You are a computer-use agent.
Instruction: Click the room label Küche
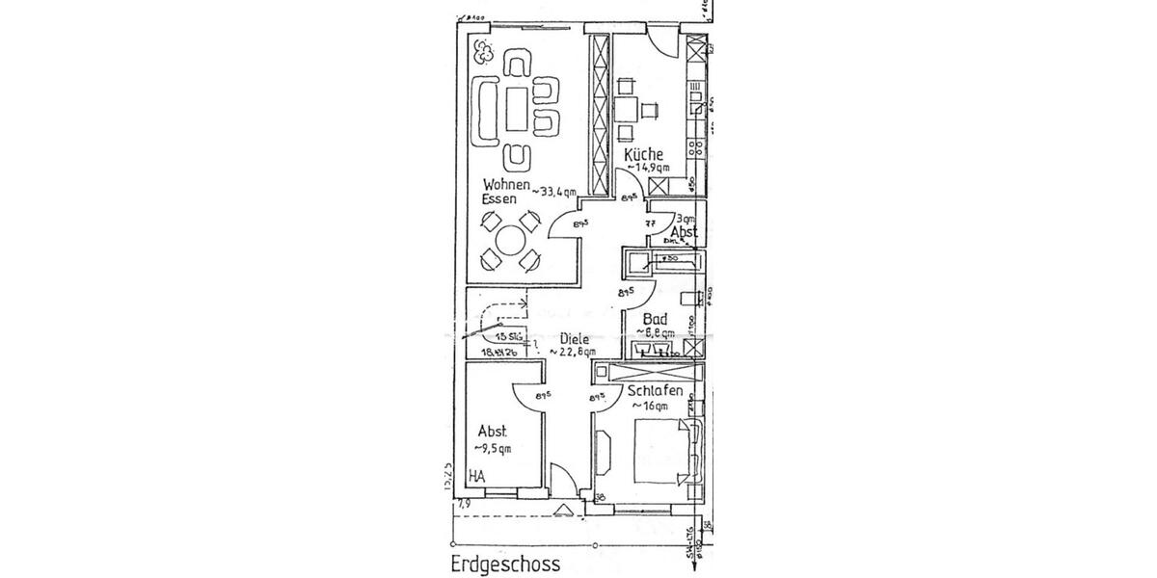[643, 154]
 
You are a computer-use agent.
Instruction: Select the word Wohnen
[505, 183]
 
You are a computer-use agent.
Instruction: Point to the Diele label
[578, 339]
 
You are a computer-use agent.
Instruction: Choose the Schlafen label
[656, 392]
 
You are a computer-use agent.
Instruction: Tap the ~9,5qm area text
[493, 448]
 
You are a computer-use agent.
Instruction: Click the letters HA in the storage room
[477, 476]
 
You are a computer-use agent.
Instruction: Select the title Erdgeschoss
[504, 563]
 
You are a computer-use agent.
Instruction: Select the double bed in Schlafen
[661, 452]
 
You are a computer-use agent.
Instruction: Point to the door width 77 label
[650, 223]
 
